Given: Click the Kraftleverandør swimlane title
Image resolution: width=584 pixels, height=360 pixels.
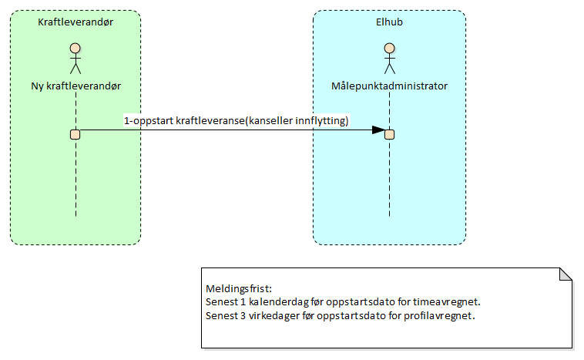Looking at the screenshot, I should (76, 22).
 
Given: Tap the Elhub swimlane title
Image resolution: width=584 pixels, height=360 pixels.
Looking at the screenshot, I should (389, 22).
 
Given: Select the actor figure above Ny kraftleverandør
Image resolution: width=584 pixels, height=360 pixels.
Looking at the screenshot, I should (76, 59).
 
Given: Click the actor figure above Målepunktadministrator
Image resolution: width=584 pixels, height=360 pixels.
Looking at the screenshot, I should (389, 59).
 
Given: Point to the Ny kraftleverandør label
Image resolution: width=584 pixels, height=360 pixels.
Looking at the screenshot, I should (76, 86).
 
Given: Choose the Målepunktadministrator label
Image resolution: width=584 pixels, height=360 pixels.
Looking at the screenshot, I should (389, 86).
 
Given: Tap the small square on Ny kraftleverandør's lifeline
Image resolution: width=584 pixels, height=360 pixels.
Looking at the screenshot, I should (76, 134).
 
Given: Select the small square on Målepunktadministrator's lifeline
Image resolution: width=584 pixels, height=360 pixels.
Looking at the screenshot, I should (390, 134).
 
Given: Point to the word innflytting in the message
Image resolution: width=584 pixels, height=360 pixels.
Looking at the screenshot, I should (321, 121).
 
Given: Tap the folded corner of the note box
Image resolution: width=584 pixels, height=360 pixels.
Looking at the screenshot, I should (566, 274).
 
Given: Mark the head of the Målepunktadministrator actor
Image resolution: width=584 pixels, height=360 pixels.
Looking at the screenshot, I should (389, 49).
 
